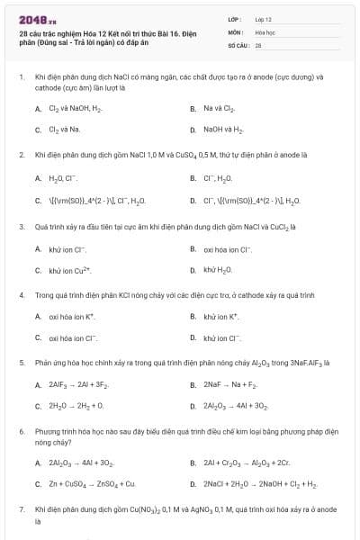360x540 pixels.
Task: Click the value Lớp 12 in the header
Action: click(x=264, y=18)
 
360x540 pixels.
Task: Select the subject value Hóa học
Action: click(x=264, y=31)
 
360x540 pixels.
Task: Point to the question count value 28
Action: click(x=258, y=43)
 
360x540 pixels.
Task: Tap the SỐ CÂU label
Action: click(x=238, y=43)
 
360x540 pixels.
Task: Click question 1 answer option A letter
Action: click(x=38, y=108)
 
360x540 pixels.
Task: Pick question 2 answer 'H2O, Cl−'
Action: click(x=64, y=178)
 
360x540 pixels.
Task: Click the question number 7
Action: click(x=21, y=509)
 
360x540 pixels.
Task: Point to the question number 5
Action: click(x=21, y=363)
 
